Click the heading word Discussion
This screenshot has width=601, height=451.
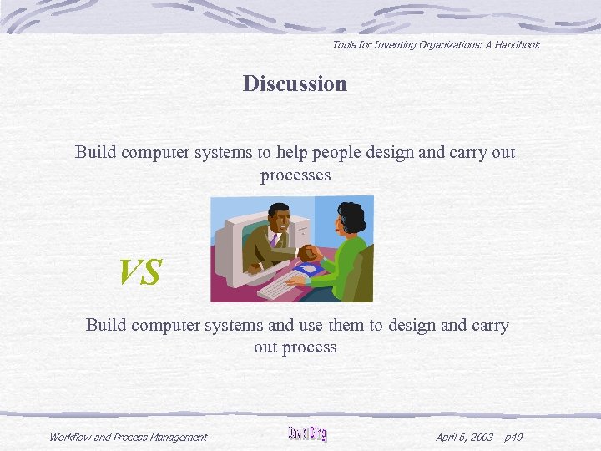click(x=295, y=84)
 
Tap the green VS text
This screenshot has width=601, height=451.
click(x=139, y=272)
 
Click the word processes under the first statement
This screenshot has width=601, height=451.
click(x=295, y=175)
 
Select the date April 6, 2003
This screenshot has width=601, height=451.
click(x=464, y=437)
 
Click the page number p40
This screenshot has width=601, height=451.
click(x=513, y=437)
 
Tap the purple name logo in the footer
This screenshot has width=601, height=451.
click(x=306, y=434)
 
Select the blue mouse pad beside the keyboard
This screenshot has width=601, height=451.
click(x=310, y=270)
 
